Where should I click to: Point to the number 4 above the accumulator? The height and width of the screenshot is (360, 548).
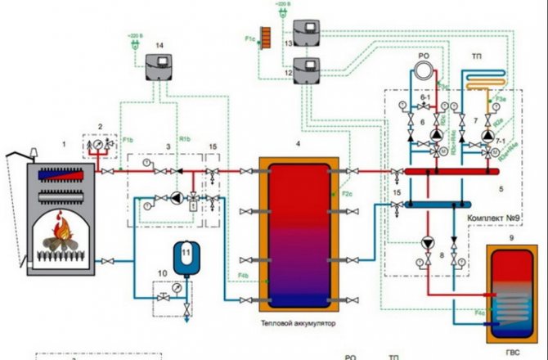pyautogui.click(x=298, y=144)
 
